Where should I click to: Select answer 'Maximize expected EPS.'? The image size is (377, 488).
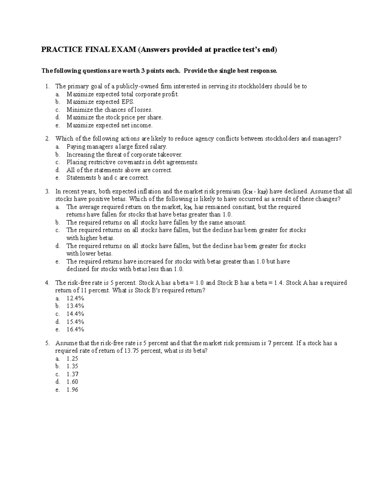coord(100,102)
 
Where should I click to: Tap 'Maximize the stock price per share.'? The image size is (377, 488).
coord(114,118)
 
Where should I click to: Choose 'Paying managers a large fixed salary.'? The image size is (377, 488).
coord(117,147)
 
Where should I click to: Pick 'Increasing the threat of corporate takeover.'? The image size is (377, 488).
coord(124,155)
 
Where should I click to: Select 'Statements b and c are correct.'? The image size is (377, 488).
coord(107,178)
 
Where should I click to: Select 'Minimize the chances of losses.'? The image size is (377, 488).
coord(109,110)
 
